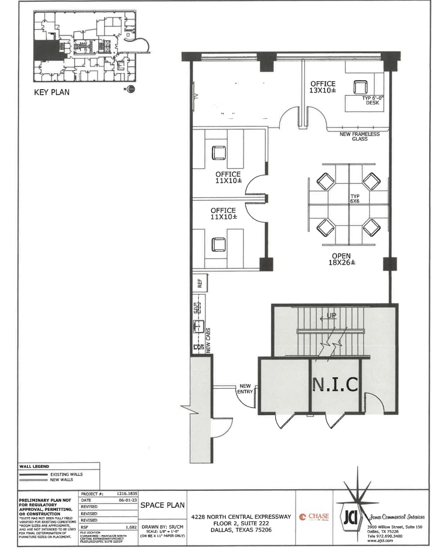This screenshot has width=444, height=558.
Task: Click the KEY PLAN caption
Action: coord(51,92)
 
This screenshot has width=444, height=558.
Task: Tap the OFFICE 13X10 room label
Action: coord(323,87)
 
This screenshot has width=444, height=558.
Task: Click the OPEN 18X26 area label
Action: coord(341,259)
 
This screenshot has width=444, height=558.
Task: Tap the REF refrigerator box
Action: coord(200,283)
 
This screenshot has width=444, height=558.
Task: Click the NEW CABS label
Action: coord(209,340)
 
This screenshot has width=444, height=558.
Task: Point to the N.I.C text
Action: coord(335,384)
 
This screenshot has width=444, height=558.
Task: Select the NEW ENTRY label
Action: coord(245,389)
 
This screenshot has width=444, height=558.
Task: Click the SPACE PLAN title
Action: coord(160,504)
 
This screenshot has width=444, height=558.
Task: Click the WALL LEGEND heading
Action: coord(34,466)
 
